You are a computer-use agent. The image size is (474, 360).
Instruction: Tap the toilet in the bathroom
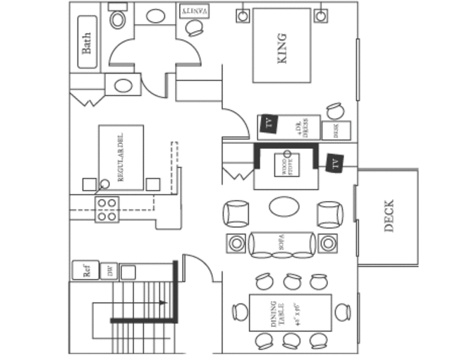pyautogui.click(x=118, y=17)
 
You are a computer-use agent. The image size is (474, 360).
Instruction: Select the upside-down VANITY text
pyautogui.click(x=195, y=12)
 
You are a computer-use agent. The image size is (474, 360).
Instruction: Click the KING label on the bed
pyautogui.click(x=282, y=47)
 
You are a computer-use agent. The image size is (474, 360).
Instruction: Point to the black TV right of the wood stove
pyautogui.click(x=334, y=164)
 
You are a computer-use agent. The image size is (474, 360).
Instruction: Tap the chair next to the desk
pyautogui.click(x=334, y=111)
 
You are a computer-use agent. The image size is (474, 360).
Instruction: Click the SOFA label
pyautogui.click(x=281, y=244)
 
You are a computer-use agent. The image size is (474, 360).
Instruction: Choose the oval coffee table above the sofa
pyautogui.click(x=284, y=207)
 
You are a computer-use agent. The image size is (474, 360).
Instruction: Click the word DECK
pyautogui.click(x=389, y=217)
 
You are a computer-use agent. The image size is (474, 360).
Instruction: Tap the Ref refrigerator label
pyautogui.click(x=86, y=270)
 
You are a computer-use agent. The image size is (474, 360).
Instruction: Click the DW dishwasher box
pyautogui.click(x=109, y=271)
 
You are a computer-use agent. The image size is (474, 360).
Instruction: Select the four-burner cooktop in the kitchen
pyautogui.click(x=107, y=210)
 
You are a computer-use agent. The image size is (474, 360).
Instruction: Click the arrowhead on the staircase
pyautogui.click(x=163, y=303)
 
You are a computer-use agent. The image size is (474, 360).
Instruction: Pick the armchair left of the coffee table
pyautogui.click(x=236, y=214)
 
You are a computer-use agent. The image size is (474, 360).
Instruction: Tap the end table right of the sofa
pyautogui.click(x=328, y=244)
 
